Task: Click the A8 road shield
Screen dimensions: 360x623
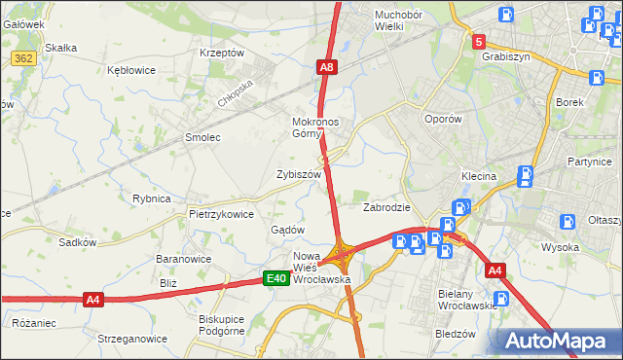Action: pos(327,67)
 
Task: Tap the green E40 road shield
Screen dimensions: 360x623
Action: pos(276,279)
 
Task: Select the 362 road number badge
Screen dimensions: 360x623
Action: pos(24,59)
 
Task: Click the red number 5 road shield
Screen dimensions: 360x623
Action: pos(479,42)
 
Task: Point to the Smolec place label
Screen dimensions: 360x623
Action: pos(203,137)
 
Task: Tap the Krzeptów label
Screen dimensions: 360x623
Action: pos(221,53)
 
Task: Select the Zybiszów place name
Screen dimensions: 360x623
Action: pos(299,174)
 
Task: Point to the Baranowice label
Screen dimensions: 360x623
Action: pos(185,260)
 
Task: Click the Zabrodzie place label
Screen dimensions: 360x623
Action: pos(386,207)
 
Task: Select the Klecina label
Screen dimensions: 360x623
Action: pos(478,176)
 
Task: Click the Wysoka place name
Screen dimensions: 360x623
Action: pos(561,247)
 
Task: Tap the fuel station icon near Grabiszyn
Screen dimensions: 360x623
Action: pos(506,15)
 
